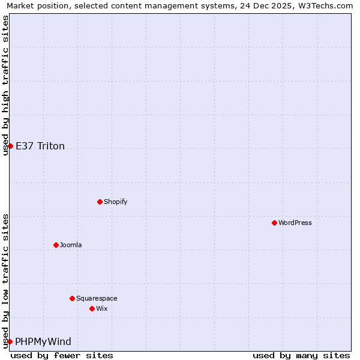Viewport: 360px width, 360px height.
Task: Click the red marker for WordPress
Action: click(274, 223)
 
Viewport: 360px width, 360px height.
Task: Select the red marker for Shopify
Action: click(100, 202)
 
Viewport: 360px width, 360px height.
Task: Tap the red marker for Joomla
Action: click(56, 245)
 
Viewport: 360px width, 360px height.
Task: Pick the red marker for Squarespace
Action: click(72, 298)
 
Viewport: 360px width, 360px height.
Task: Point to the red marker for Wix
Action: click(92, 308)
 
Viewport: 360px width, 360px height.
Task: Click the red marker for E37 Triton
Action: click(10, 146)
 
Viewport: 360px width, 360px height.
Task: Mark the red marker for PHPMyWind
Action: click(10, 341)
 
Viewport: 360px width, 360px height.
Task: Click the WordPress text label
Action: click(295, 223)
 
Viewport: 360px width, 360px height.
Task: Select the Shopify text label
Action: click(115, 202)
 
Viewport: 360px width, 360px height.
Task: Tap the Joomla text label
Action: click(71, 245)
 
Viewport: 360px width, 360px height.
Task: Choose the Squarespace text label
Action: click(97, 298)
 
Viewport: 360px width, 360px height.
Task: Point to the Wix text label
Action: click(102, 308)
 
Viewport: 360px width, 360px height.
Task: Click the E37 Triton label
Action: click(40, 146)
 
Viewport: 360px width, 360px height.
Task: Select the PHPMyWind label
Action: click(43, 341)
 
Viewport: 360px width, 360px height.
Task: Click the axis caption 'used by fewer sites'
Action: click(62, 355)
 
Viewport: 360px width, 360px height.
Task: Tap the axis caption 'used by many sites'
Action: click(301, 355)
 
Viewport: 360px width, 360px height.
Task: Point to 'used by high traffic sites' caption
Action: click(5, 85)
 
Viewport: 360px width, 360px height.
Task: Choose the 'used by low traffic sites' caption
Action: click(5, 281)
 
